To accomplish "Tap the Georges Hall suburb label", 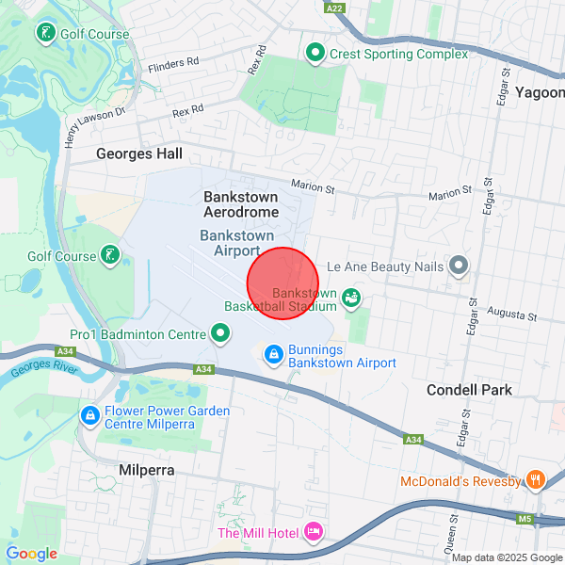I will (x=139, y=153).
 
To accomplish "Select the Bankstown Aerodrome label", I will (x=241, y=204).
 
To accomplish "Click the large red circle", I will (x=283, y=282).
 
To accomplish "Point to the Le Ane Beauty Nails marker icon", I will (x=458, y=266).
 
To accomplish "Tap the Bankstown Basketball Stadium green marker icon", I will (x=351, y=299).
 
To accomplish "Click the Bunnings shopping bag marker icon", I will (x=273, y=354).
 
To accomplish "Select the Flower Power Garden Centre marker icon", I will (x=89, y=414).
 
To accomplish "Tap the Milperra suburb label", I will (x=147, y=470).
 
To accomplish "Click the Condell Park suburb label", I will (x=469, y=390).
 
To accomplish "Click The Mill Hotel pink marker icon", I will (x=314, y=533).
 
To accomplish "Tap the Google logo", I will (x=31, y=554).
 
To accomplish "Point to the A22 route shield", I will (x=334, y=8).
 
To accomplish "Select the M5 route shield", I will (x=525, y=517).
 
